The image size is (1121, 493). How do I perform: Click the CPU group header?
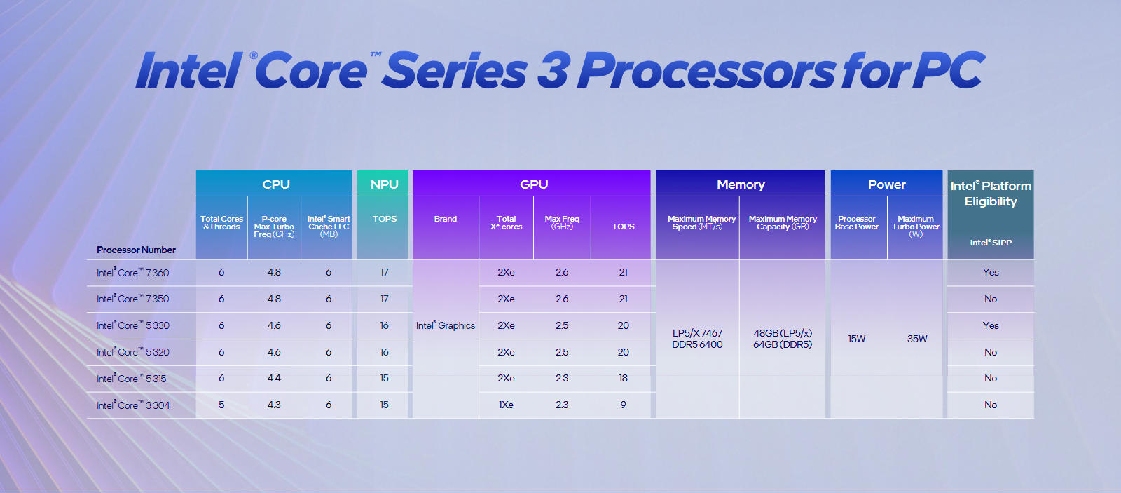pyautogui.click(x=276, y=184)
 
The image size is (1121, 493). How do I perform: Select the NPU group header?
pyautogui.click(x=385, y=184)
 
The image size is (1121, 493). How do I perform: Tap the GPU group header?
pyautogui.click(x=534, y=184)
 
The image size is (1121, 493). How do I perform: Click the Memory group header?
pyautogui.click(x=741, y=184)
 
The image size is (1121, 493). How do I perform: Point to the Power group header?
pyautogui.click(x=887, y=184)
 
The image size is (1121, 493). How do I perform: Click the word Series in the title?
pyautogui.click(x=455, y=71)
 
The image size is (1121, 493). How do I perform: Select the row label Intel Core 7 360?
pyautogui.click(x=132, y=273)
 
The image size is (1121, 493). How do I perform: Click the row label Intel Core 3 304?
pyautogui.click(x=133, y=405)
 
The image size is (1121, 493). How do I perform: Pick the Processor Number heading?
pyautogui.click(x=136, y=250)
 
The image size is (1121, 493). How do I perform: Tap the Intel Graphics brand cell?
pyautogui.click(x=446, y=325)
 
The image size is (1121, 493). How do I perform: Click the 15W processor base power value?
pyautogui.click(x=856, y=339)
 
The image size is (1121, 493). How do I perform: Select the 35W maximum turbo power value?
pyautogui.click(x=917, y=339)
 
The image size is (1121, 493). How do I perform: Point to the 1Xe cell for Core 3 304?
pyautogui.click(x=506, y=405)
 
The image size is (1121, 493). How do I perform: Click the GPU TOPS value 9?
pyautogui.click(x=623, y=405)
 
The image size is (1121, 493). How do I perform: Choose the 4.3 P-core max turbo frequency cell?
pyautogui.click(x=274, y=405)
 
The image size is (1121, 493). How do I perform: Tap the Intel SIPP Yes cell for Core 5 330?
pyautogui.click(x=991, y=325)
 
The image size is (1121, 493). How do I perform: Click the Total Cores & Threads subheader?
pyautogui.click(x=221, y=222)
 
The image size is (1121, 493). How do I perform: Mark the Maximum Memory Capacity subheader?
pyautogui.click(x=783, y=222)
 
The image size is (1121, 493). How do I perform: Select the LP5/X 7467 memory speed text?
pyautogui.click(x=697, y=333)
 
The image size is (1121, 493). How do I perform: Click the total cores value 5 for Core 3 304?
pyautogui.click(x=221, y=405)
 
